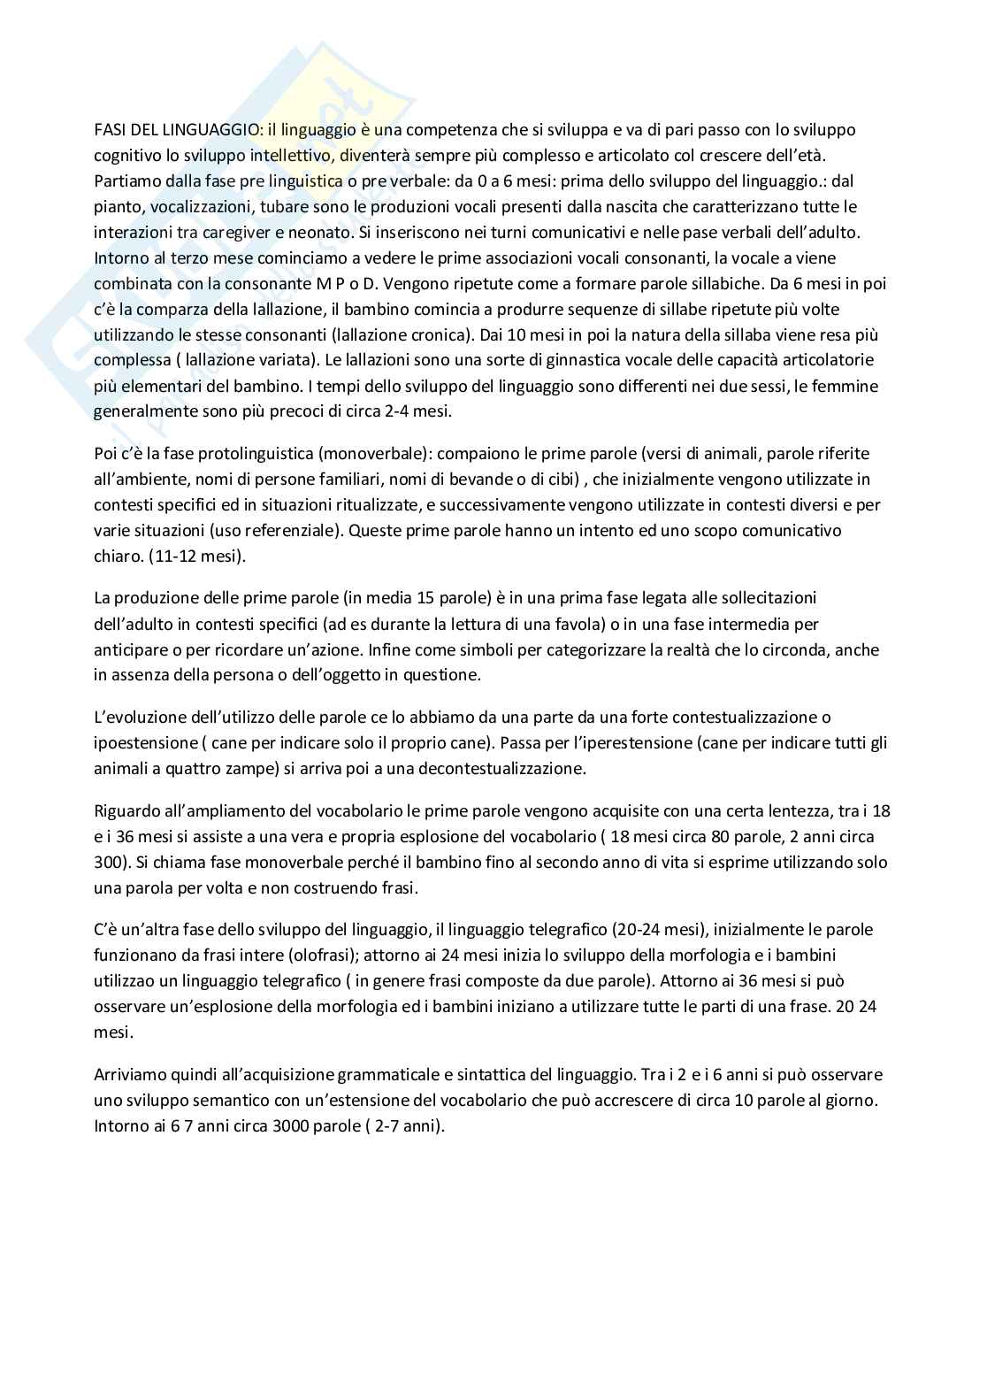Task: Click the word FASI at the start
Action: (x=109, y=129)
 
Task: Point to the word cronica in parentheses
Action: (x=427, y=335)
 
